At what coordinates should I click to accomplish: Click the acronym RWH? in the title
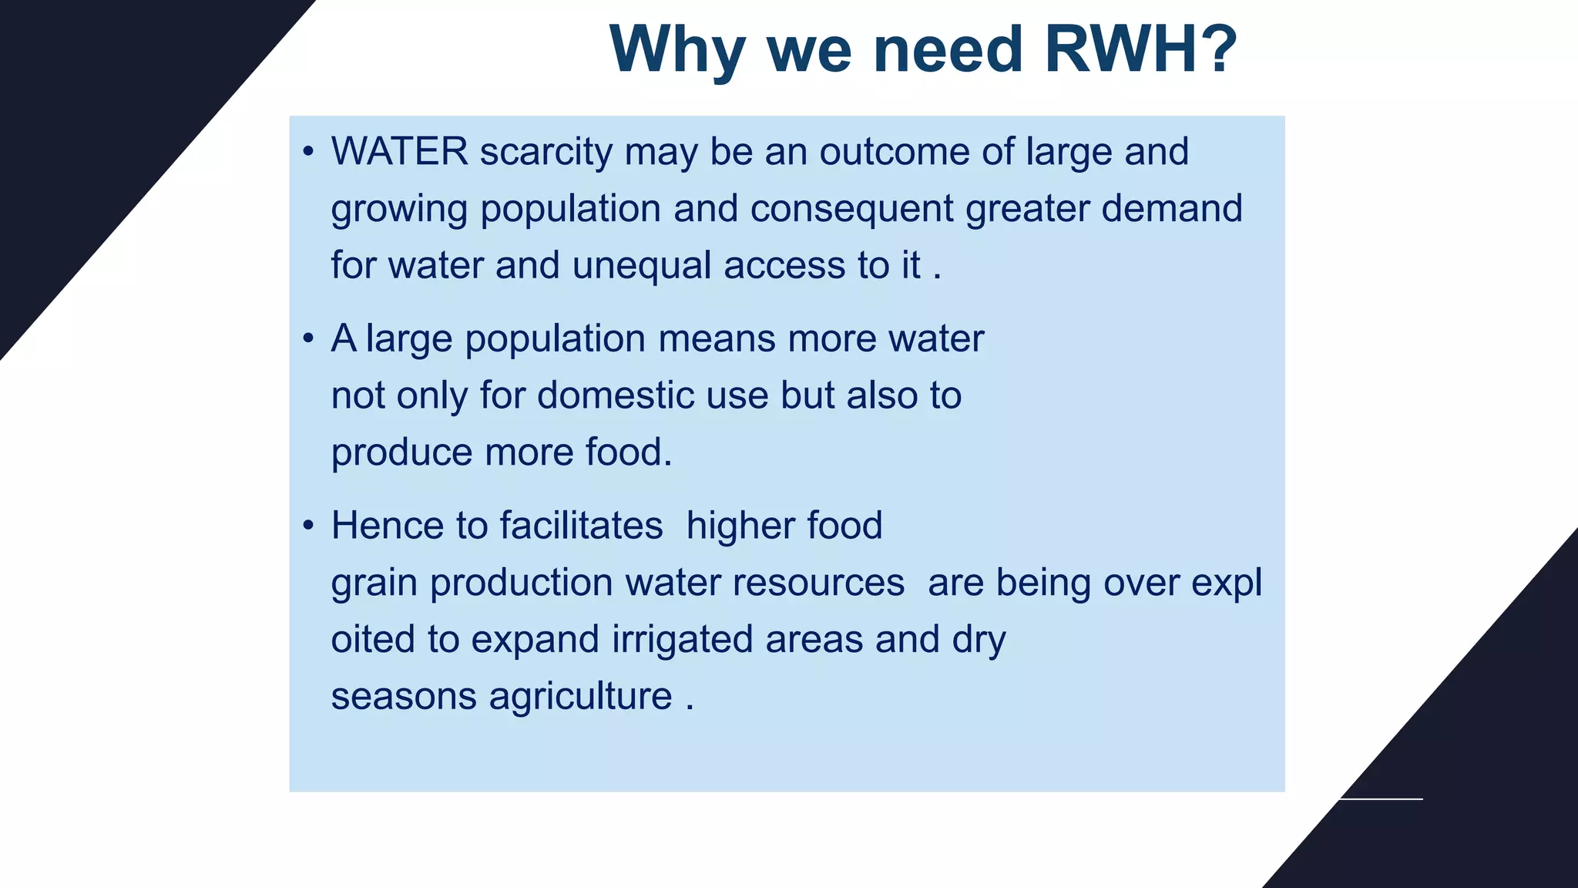pyautogui.click(x=1140, y=49)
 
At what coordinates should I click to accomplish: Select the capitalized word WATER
pyautogui.click(x=399, y=151)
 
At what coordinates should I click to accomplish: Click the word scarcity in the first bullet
pyautogui.click(x=546, y=153)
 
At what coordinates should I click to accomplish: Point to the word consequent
pyautogui.click(x=851, y=210)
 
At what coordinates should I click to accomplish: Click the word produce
pyautogui.click(x=401, y=453)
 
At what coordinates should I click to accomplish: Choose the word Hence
pyautogui.click(x=387, y=526)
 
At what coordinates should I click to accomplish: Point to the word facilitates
pyautogui.click(x=581, y=526)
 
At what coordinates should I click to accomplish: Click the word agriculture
pyautogui.click(x=580, y=697)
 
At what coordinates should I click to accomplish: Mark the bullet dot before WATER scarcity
pyautogui.click(x=308, y=152)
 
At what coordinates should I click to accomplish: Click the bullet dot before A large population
pyautogui.click(x=308, y=338)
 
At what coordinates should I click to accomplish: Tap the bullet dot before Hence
pyautogui.click(x=308, y=526)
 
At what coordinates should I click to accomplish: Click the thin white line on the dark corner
pyautogui.click(x=1382, y=799)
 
